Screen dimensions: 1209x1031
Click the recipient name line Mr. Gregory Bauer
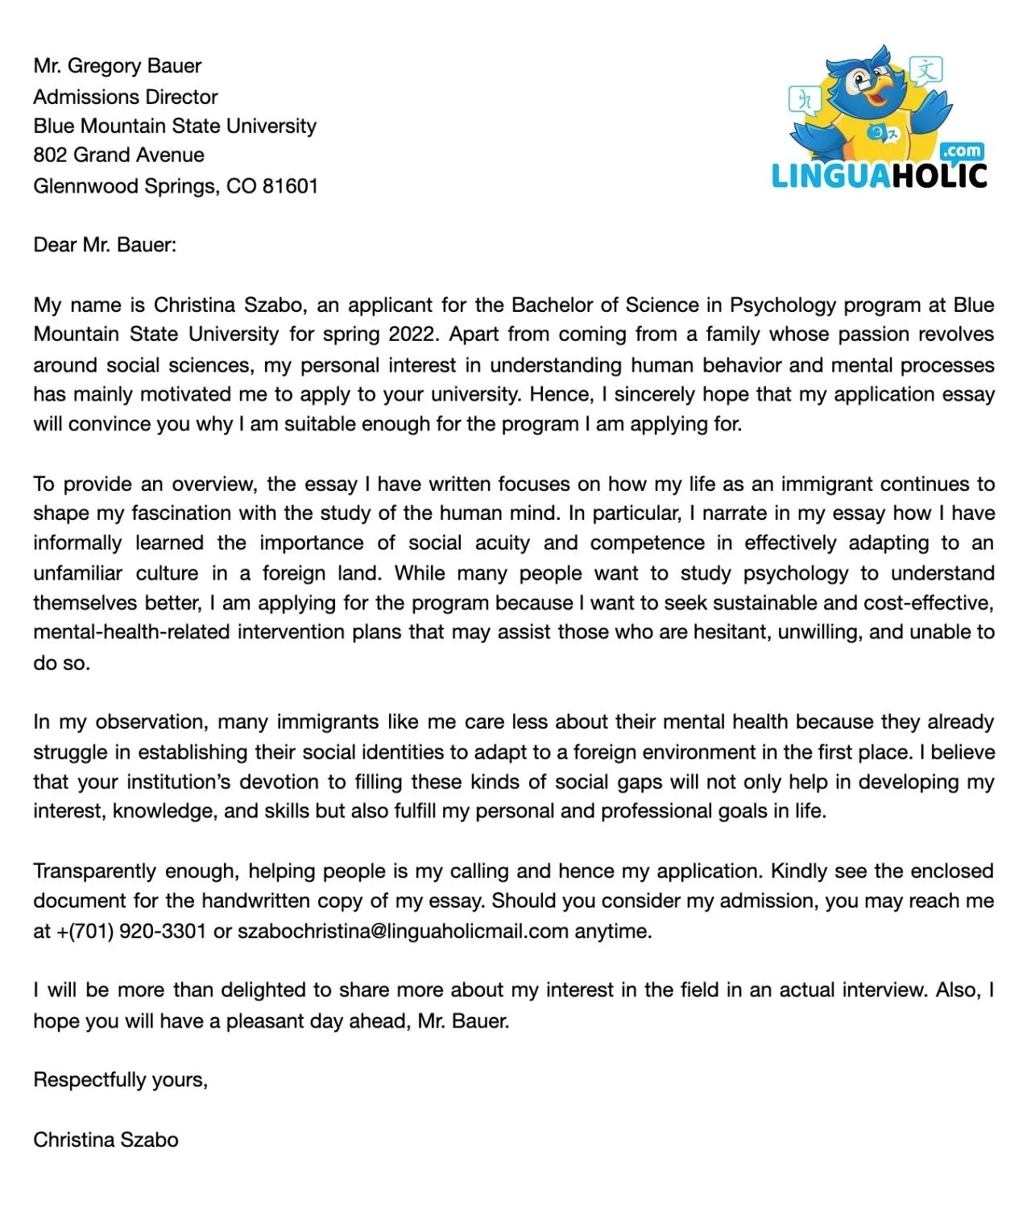tap(118, 66)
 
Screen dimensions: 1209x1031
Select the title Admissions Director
tap(126, 97)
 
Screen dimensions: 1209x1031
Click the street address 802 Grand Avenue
tap(118, 155)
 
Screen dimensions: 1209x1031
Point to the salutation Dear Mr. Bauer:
tap(105, 245)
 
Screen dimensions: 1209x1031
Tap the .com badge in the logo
tap(963, 151)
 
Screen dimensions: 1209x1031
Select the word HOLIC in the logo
tap(938, 176)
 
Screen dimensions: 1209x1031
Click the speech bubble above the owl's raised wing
tap(926, 70)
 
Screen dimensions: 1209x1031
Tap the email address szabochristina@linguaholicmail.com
tap(403, 932)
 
